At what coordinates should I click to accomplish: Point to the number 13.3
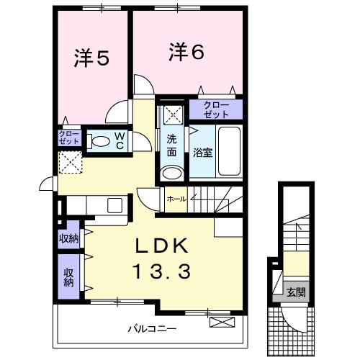point(162,271)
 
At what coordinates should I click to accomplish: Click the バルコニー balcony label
point(152,328)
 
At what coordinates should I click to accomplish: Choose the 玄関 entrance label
point(295,292)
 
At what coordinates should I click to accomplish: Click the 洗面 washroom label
point(171,145)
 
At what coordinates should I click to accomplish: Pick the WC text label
point(120,140)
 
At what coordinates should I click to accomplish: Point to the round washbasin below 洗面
point(171,174)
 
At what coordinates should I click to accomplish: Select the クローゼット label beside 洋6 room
point(215,109)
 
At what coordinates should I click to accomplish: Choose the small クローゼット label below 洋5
point(70,138)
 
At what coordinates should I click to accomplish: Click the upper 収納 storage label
point(69,239)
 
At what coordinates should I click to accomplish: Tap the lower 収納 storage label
point(69,276)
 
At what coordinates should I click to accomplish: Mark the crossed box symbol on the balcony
point(225,322)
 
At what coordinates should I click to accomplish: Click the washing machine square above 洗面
point(172,113)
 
